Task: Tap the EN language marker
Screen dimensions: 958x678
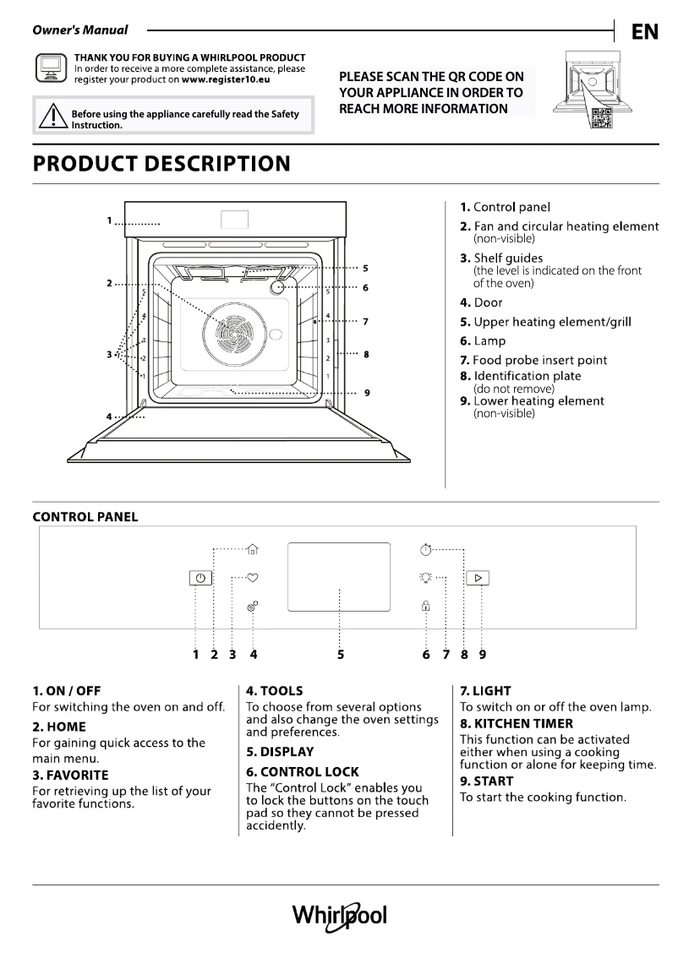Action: pos(645,32)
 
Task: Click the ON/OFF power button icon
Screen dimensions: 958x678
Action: pos(200,579)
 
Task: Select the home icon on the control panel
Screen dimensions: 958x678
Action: pos(253,550)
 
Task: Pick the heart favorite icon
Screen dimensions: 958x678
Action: pos(253,578)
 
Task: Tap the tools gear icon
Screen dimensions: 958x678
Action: pos(252,606)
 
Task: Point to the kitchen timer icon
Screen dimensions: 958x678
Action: pos(426,550)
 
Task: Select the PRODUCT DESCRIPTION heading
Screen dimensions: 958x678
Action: pos(161,164)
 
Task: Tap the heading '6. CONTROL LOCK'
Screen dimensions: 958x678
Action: pos(302,771)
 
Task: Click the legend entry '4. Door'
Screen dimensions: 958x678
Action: pos(481,302)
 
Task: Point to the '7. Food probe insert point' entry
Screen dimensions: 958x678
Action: pos(533,360)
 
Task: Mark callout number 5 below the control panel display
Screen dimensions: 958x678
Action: pos(340,653)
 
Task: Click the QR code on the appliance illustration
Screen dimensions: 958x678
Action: pos(601,119)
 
